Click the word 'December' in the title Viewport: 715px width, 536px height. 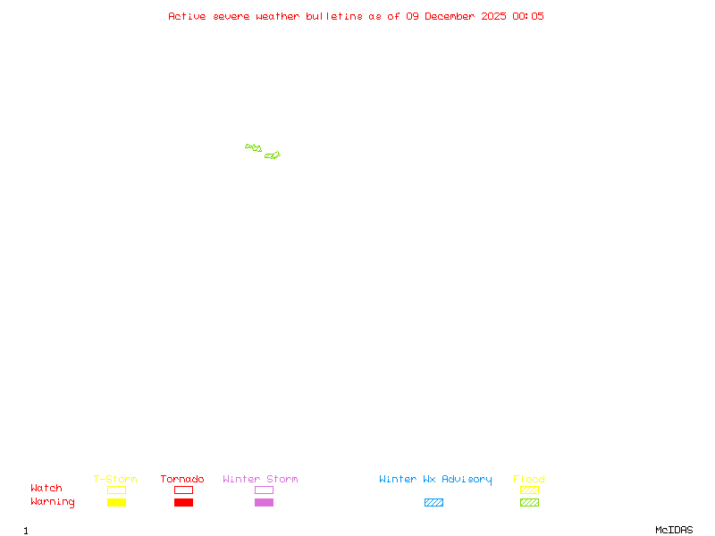point(453,16)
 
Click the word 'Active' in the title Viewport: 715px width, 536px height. point(188,16)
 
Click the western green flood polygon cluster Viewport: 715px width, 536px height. point(254,147)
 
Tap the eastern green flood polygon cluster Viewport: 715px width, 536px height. point(273,155)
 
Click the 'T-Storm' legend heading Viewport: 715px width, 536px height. point(115,480)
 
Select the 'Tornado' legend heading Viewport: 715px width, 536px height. point(182,480)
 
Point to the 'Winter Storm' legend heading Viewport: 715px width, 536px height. point(260,480)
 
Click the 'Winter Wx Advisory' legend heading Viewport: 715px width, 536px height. point(435,480)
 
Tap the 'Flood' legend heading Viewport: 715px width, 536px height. point(529,480)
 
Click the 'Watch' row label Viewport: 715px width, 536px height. point(46,489)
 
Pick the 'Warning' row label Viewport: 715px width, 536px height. point(53,502)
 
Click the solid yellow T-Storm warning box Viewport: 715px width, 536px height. point(116,503)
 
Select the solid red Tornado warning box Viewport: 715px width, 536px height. point(183,503)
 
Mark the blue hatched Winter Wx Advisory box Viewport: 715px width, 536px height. point(433,503)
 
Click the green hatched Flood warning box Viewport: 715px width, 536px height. point(529,503)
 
